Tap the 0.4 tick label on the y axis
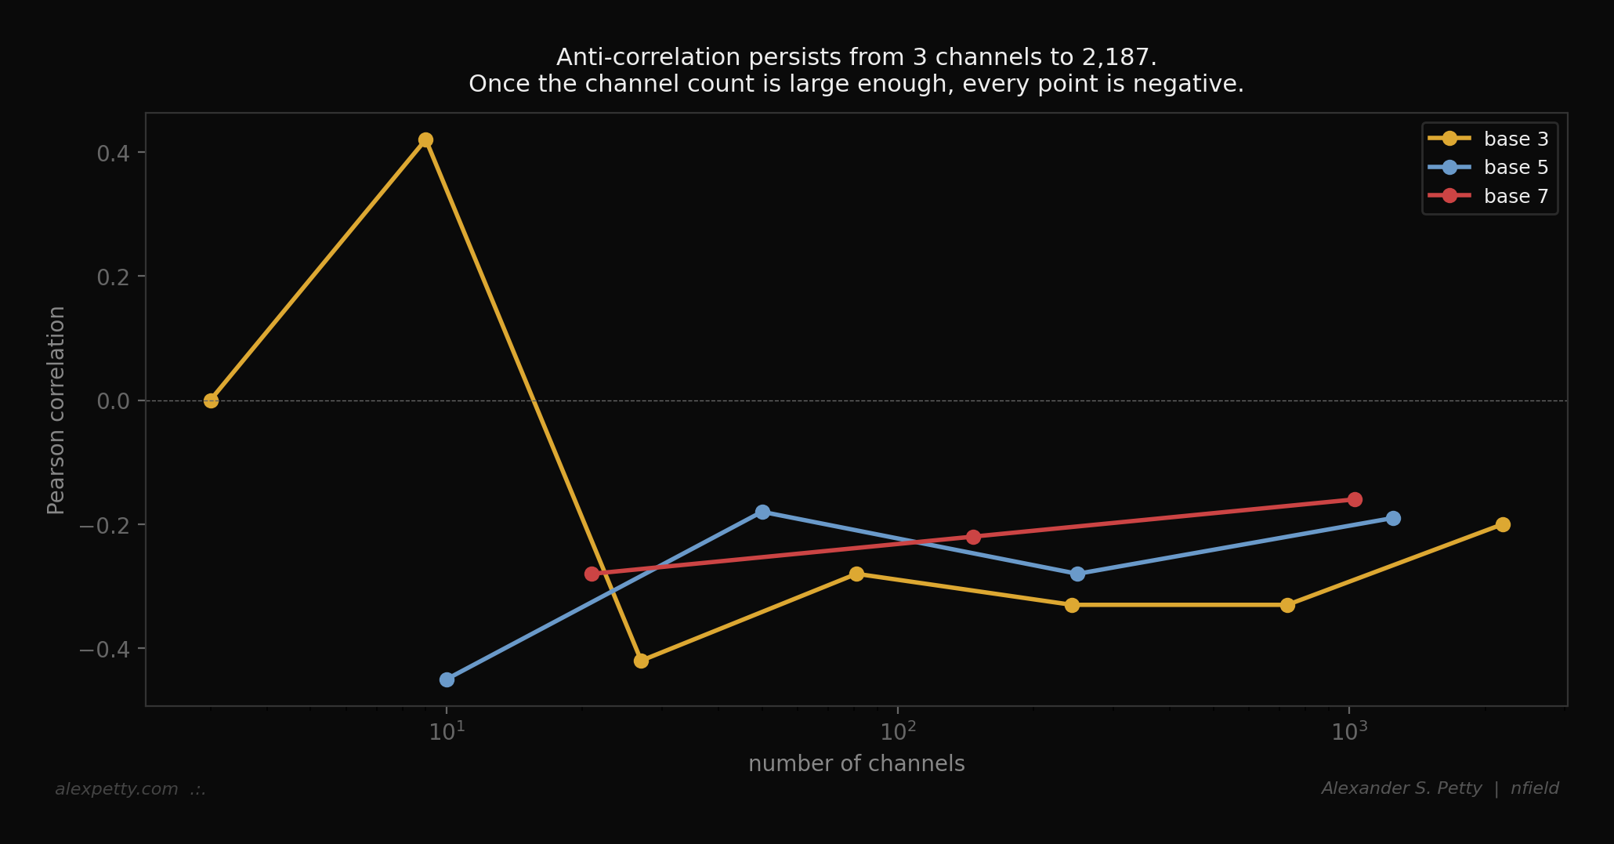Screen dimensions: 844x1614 point(113,153)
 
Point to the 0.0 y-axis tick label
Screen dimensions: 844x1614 point(113,401)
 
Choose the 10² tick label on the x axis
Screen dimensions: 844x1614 point(898,731)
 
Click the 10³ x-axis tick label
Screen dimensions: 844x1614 point(1349,731)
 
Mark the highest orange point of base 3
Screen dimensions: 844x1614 point(425,140)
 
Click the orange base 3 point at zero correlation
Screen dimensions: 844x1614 point(211,400)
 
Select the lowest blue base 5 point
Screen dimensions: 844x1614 point(447,679)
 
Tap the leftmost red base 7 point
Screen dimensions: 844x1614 point(592,574)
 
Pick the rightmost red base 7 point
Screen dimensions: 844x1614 point(1355,499)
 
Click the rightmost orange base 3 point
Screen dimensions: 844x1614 point(1503,524)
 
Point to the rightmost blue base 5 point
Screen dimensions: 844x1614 point(1393,518)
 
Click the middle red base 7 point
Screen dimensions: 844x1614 point(973,537)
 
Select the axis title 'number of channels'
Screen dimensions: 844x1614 point(856,764)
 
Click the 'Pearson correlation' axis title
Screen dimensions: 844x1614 point(56,410)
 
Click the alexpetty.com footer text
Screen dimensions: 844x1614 point(117,789)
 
